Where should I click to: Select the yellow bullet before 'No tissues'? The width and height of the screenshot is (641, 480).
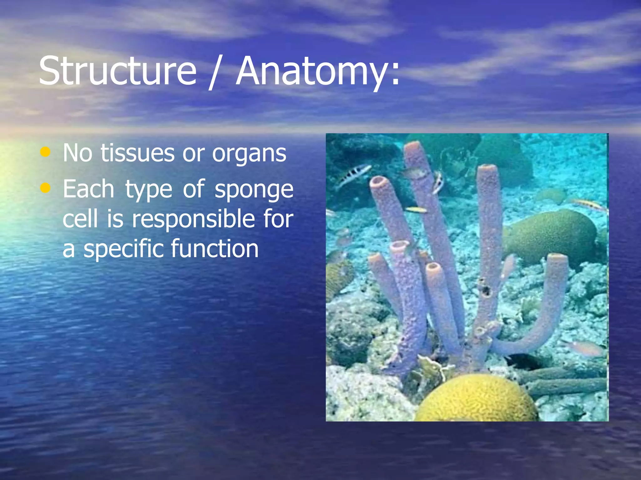45,152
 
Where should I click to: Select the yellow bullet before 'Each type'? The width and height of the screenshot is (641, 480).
45,188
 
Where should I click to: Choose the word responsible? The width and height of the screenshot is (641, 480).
193,218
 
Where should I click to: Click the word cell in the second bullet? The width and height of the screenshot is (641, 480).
80,218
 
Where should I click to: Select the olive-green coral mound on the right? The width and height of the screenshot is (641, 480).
551,236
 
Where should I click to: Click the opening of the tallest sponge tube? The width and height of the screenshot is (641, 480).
412,146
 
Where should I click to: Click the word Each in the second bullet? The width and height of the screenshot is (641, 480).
88,189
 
